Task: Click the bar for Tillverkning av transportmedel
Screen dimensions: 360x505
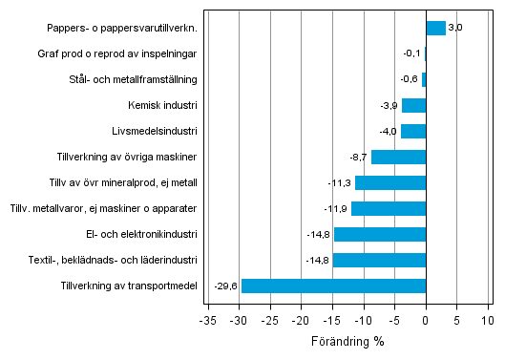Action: [x=333, y=286]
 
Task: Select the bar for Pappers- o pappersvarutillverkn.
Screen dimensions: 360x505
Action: [x=435, y=28]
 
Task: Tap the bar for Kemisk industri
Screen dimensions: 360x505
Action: [x=413, y=105]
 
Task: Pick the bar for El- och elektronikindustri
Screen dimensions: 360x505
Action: [x=380, y=234]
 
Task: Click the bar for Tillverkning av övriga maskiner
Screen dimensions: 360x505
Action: [x=398, y=157]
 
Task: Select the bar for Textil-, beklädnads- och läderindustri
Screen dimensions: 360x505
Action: [x=379, y=260]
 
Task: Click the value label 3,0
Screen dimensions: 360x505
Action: [x=455, y=28]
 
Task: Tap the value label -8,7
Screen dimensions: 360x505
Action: [x=358, y=157]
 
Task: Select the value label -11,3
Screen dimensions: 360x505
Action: [x=340, y=182]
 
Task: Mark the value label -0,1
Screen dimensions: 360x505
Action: [x=412, y=53]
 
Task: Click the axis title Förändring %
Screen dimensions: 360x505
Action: [x=347, y=341]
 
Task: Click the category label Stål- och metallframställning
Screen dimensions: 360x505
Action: [x=136, y=79]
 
